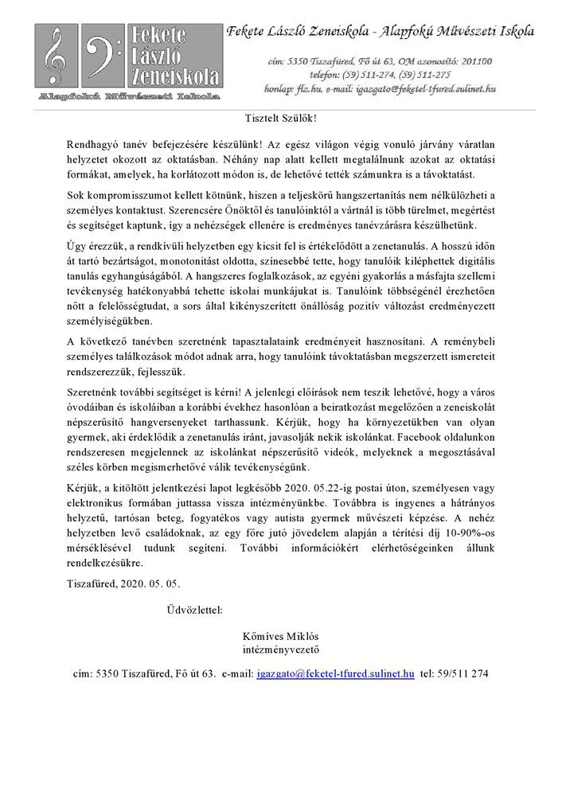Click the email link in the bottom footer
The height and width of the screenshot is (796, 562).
click(x=336, y=673)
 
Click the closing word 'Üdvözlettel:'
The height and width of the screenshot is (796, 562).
click(x=194, y=611)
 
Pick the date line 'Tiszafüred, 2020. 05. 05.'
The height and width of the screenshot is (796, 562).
click(x=123, y=583)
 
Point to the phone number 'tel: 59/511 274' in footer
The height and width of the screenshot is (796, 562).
click(x=454, y=673)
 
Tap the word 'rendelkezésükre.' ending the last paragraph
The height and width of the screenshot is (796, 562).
click(x=106, y=563)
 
